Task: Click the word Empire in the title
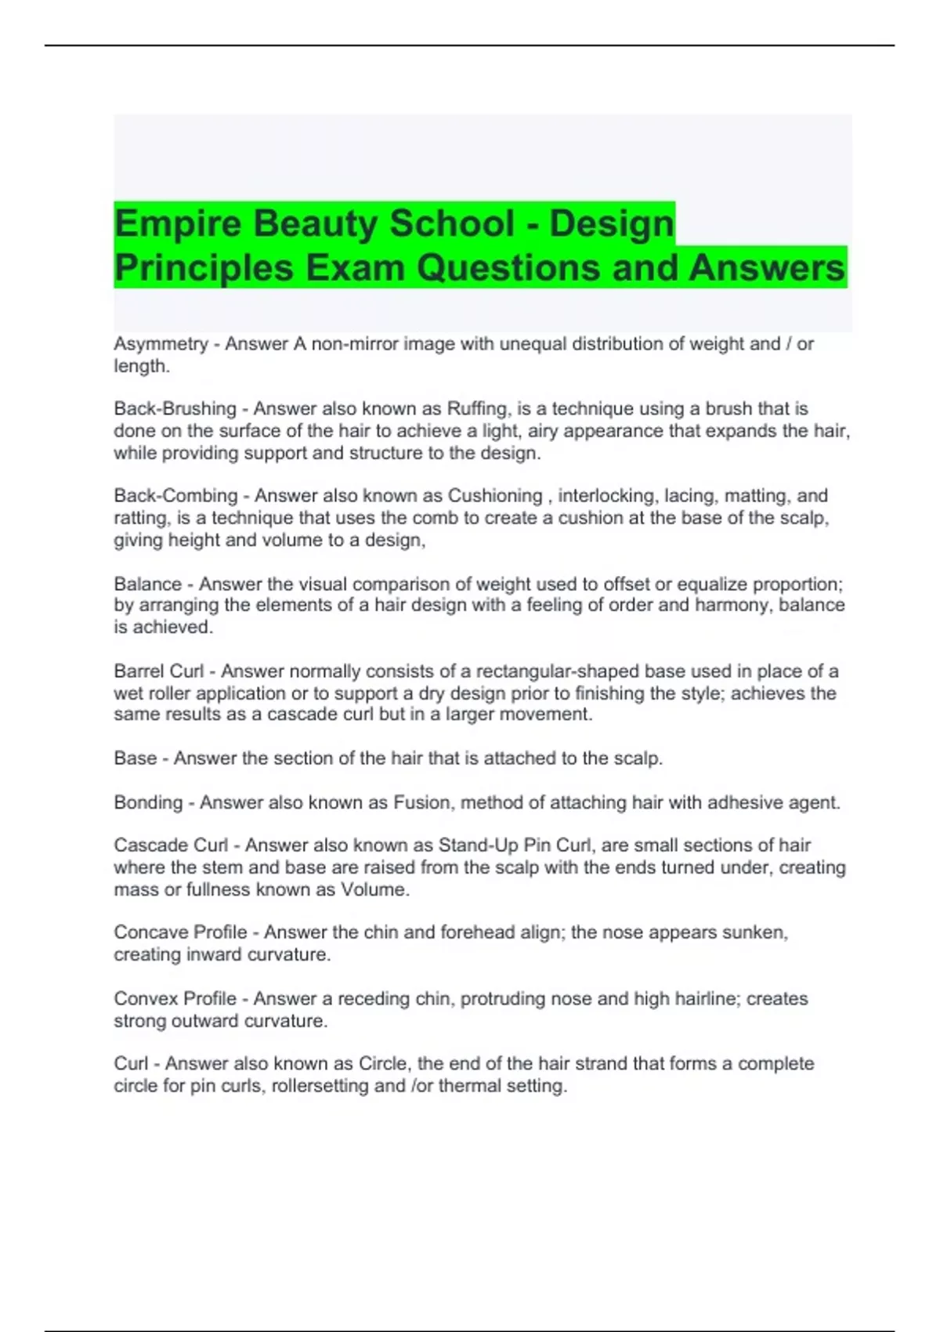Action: tap(178, 223)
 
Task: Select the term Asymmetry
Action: tap(161, 344)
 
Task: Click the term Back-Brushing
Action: tap(175, 409)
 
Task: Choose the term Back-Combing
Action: tap(175, 496)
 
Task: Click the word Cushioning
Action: tap(495, 496)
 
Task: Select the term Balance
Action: tap(147, 584)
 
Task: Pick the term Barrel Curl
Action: tap(158, 671)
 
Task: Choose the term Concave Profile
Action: tap(180, 932)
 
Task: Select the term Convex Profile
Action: tap(175, 999)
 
